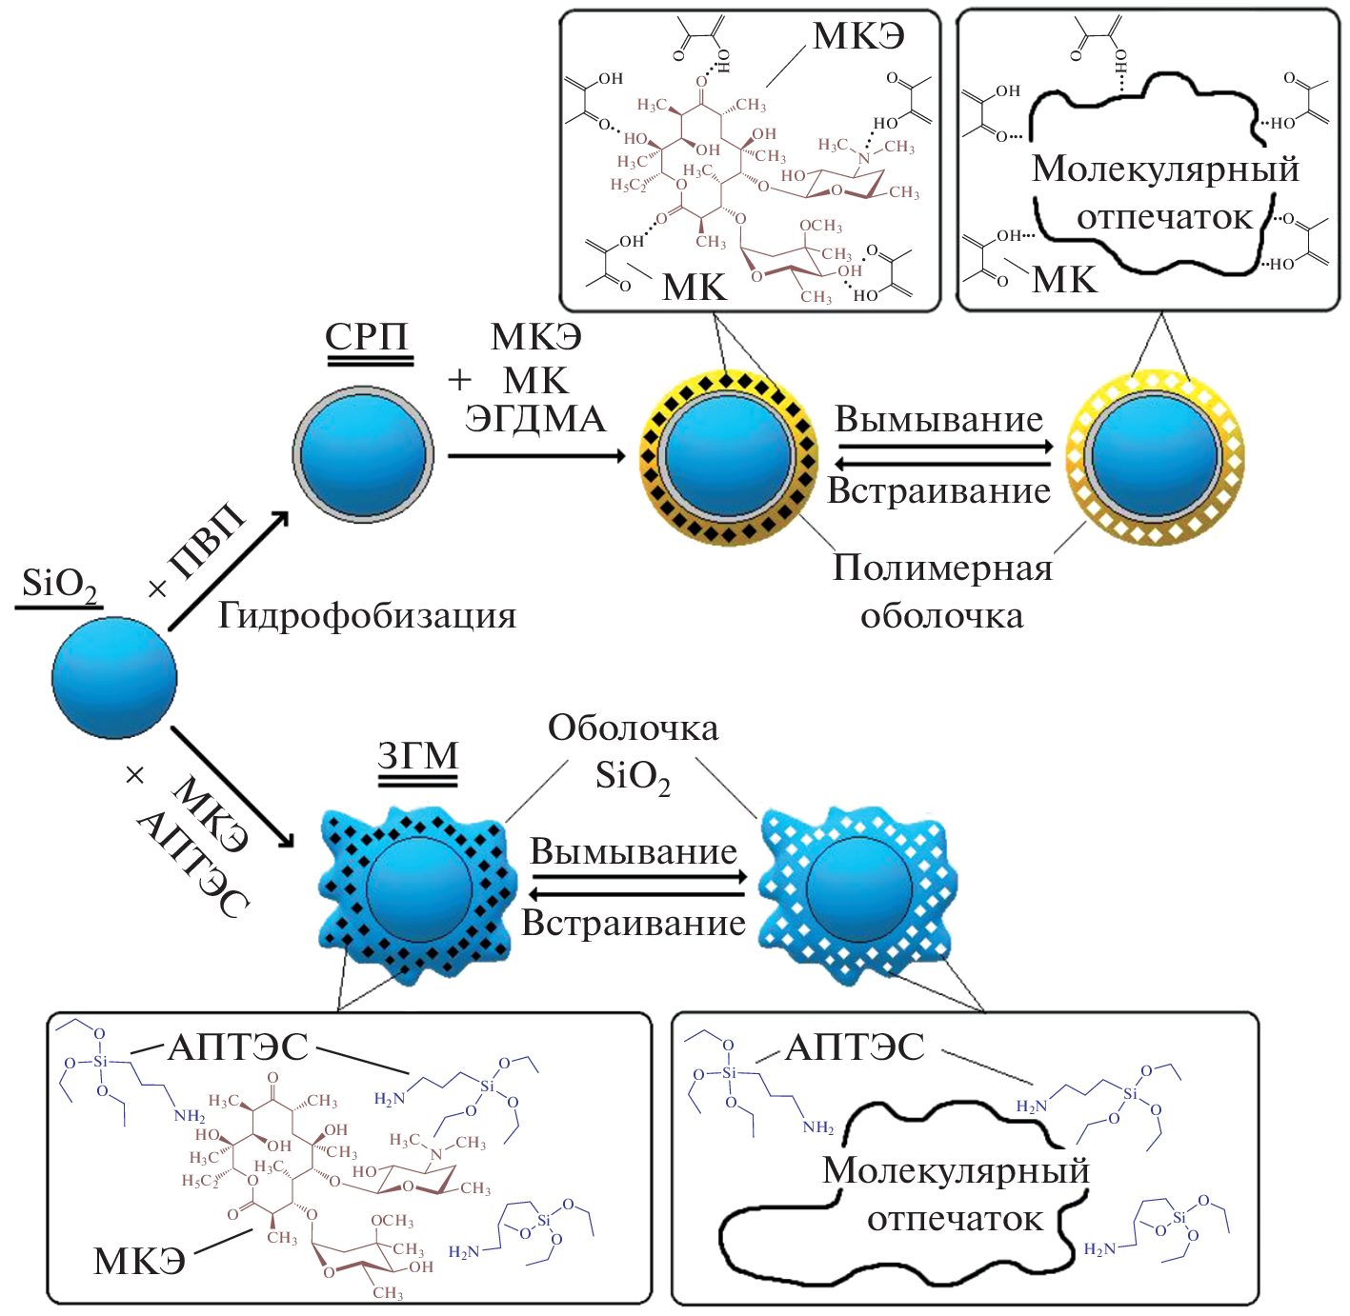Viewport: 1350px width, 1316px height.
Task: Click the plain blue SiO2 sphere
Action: click(114, 677)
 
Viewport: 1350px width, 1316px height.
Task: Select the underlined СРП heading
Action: click(367, 337)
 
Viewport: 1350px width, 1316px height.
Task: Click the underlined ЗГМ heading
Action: click(417, 756)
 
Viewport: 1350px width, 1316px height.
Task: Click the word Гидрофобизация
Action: click(367, 616)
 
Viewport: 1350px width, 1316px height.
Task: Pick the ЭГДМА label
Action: click(534, 419)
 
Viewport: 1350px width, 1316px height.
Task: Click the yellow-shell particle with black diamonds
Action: click(728, 456)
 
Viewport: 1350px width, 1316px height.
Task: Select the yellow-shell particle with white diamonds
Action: click(1155, 456)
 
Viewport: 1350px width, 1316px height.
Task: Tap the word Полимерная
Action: click(942, 568)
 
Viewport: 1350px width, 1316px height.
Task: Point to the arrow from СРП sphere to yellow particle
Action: click(536, 456)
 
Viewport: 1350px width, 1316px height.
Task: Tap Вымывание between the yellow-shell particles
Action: click(938, 420)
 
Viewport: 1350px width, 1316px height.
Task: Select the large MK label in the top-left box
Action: click(694, 287)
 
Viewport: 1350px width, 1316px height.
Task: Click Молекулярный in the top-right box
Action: click(1165, 169)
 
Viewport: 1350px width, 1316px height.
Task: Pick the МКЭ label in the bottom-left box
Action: click(139, 1261)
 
